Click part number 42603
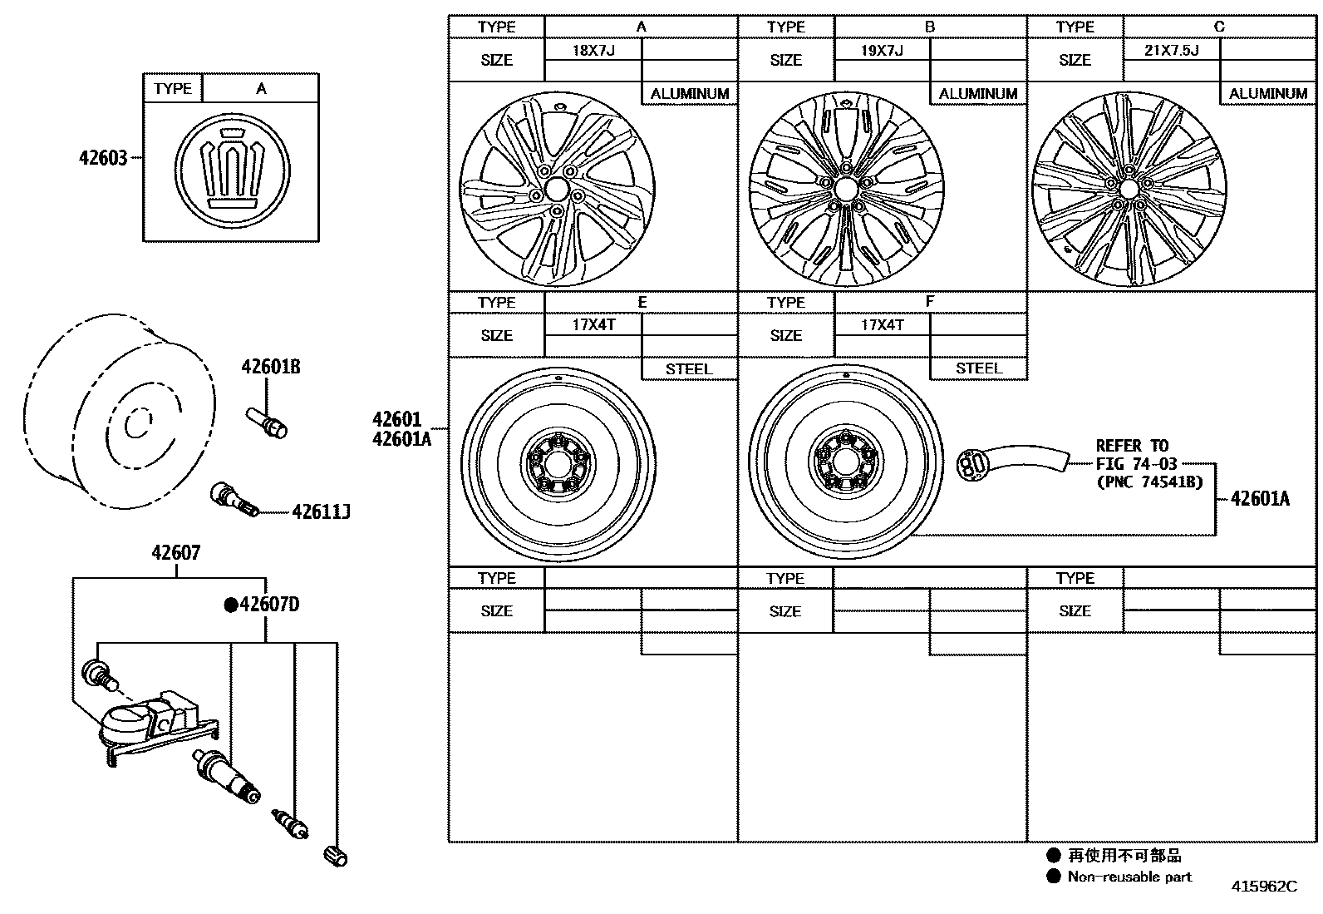[103, 157]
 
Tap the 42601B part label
[270, 367]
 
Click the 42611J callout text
[321, 512]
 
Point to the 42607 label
[175, 552]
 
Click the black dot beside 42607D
[231, 605]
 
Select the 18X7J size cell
[593, 50]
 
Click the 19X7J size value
[882, 50]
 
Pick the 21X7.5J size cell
[1171, 50]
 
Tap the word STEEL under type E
[689, 369]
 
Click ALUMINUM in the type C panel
[1267, 94]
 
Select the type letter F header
[930, 302]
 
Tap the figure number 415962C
[1263, 887]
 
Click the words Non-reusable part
[1129, 877]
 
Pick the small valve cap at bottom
[336, 855]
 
